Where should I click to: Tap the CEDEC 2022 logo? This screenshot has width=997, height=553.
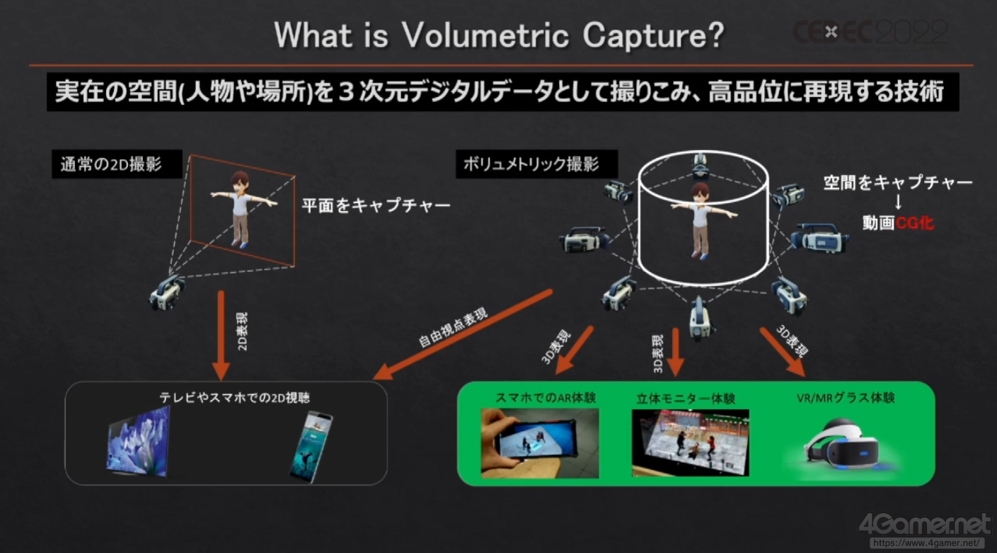pyautogui.click(x=870, y=32)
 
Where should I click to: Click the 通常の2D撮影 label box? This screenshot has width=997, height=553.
pyautogui.click(x=117, y=164)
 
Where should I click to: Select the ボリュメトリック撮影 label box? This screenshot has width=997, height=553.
pyautogui.click(x=537, y=164)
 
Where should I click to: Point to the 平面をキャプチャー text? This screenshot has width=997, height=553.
pyautogui.click(x=376, y=205)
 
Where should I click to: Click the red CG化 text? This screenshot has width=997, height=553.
pyautogui.click(x=915, y=222)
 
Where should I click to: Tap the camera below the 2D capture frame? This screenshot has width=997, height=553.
pyautogui.click(x=167, y=292)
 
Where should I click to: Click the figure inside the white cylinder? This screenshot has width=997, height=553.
pyautogui.click(x=701, y=220)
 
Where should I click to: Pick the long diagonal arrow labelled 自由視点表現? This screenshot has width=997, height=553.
pyautogui.click(x=463, y=335)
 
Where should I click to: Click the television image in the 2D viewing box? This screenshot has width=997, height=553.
pyautogui.click(x=139, y=441)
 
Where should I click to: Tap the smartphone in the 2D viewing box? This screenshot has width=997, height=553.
pyautogui.click(x=311, y=446)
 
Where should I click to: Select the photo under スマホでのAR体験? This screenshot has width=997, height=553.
pyautogui.click(x=540, y=443)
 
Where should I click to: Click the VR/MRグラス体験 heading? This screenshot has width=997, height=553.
pyautogui.click(x=846, y=398)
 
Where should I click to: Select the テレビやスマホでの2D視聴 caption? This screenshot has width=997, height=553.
pyautogui.click(x=234, y=398)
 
